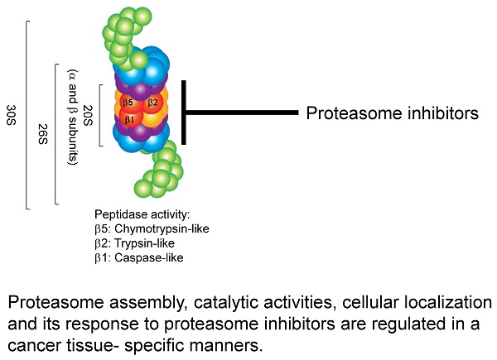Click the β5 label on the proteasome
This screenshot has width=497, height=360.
click(128, 103)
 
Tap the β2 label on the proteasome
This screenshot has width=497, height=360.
click(152, 103)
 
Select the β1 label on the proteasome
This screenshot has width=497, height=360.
click(129, 118)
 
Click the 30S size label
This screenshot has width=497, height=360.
click(10, 113)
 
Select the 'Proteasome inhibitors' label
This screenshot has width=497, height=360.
click(393, 113)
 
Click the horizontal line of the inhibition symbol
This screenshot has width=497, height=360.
click(240, 112)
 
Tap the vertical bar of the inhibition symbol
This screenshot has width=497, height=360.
click(184, 112)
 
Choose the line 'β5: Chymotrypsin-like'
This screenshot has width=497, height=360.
click(152, 228)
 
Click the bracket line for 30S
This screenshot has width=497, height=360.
click(27, 113)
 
